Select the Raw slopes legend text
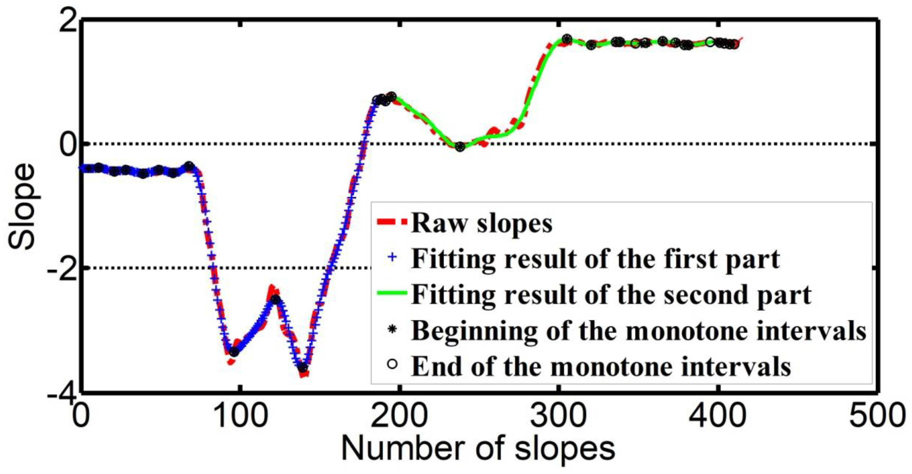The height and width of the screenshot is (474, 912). tap(482, 223)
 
